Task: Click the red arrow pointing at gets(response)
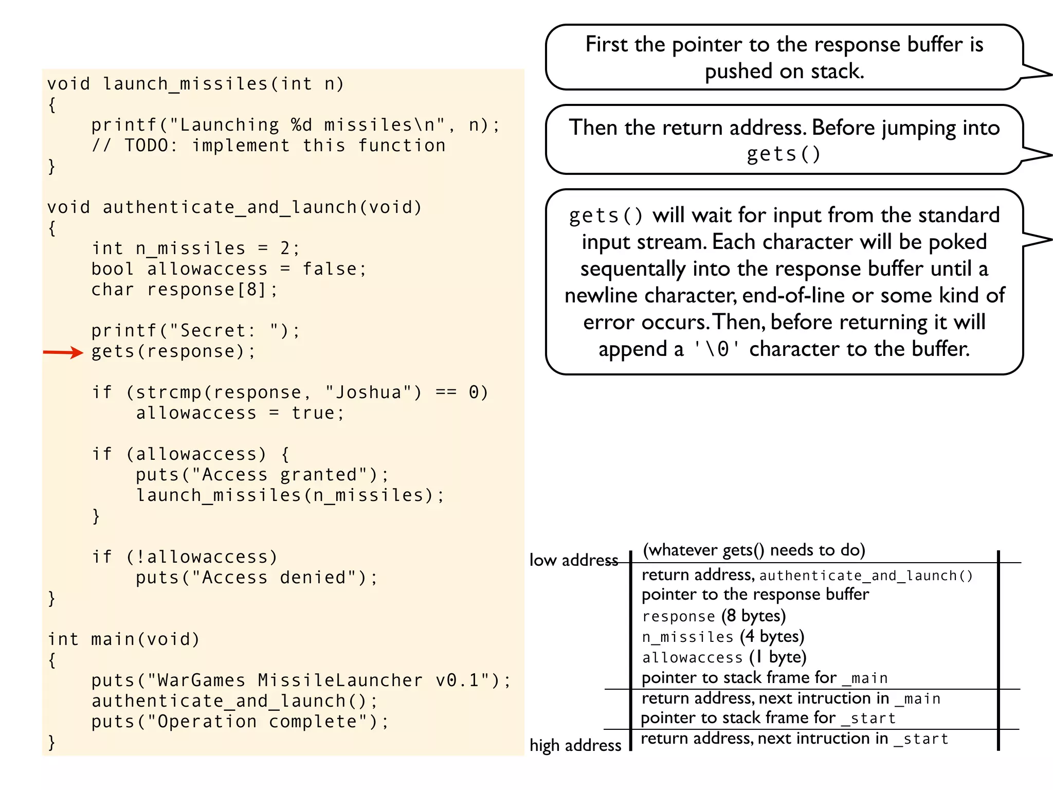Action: pos(63,352)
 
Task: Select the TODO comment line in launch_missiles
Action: pos(268,146)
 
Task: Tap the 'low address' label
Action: pos(573,560)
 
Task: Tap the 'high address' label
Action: pos(575,745)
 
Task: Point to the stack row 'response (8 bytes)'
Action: pos(714,616)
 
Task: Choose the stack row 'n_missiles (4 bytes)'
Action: pos(723,637)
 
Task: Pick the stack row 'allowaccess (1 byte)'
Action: pos(724,657)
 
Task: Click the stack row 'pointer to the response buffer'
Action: pos(755,595)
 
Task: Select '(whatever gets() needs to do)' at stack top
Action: pos(754,550)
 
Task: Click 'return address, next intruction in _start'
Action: pos(794,739)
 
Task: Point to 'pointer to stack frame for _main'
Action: pos(765,678)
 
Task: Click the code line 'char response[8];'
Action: pos(185,290)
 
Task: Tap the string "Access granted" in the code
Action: pos(280,475)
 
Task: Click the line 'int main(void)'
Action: pos(123,639)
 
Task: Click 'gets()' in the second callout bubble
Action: pos(784,154)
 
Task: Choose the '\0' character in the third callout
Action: pos(716,349)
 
